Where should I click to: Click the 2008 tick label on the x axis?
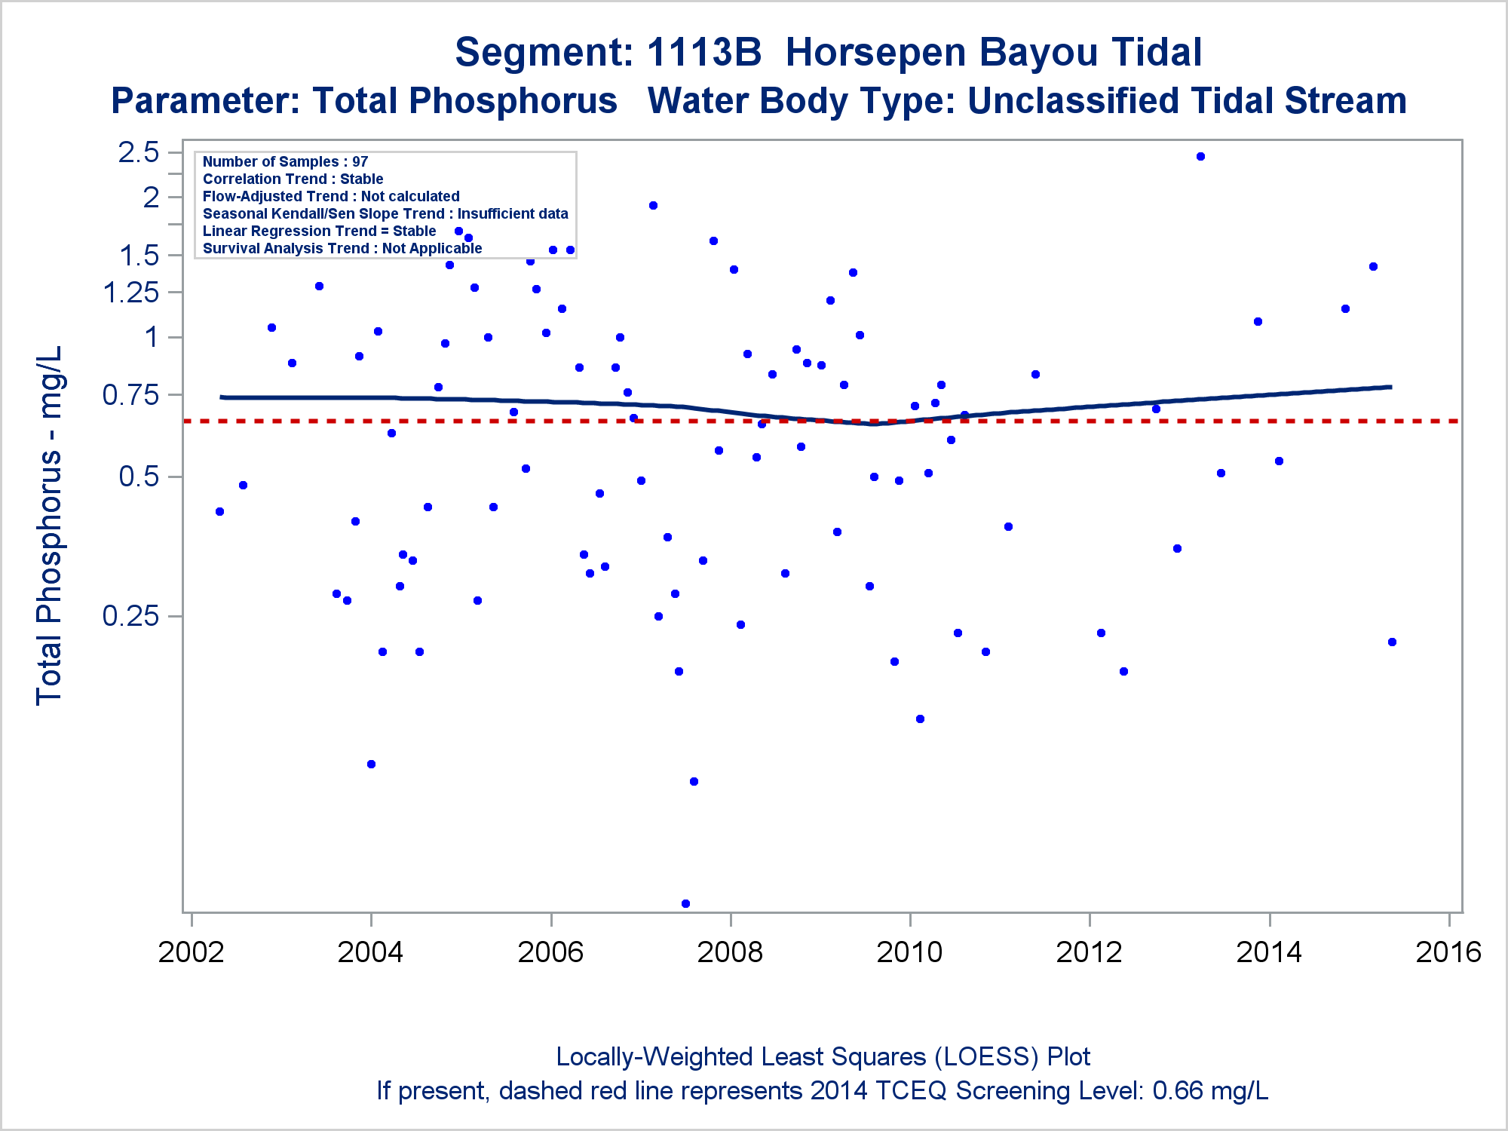coord(729,952)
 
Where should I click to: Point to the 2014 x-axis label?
coord(1268,952)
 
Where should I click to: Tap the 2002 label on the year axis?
coord(191,952)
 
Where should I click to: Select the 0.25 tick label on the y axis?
coord(131,616)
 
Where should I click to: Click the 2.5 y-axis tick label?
coord(139,152)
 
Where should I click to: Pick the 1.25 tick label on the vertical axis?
coord(131,292)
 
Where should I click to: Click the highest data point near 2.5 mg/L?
coord(1200,157)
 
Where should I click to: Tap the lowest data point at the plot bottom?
coord(685,903)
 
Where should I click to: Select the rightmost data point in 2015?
coord(1392,642)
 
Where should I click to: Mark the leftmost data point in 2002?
coord(219,511)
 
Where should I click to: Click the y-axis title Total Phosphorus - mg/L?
coord(49,526)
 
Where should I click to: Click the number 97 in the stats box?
coord(360,161)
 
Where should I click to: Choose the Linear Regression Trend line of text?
coord(319,231)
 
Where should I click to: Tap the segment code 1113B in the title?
coord(703,52)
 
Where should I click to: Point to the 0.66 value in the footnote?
coord(1178,1091)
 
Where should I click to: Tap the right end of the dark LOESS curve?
coord(1390,387)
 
